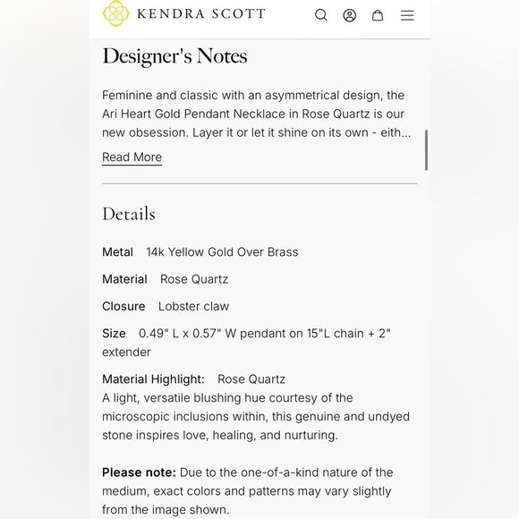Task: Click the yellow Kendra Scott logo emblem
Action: pos(116,13)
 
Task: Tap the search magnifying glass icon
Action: pos(321,15)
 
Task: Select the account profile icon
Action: pos(350,15)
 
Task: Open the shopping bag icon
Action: pos(378,15)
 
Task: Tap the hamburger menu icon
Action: pos(407,15)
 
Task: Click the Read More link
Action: pos(132,157)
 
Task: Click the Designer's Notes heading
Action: pos(174,56)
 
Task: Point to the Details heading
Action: pos(129,214)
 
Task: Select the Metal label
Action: pos(117,252)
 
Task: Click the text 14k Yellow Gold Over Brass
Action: pos(222,252)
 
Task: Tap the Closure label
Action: pos(123,306)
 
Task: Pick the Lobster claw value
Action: pos(193,306)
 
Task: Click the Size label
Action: pos(114,334)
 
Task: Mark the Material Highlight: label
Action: pos(153,379)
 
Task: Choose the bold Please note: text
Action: pos(139,472)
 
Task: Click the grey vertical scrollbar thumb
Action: pos(426,149)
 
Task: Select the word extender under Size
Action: pos(126,353)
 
